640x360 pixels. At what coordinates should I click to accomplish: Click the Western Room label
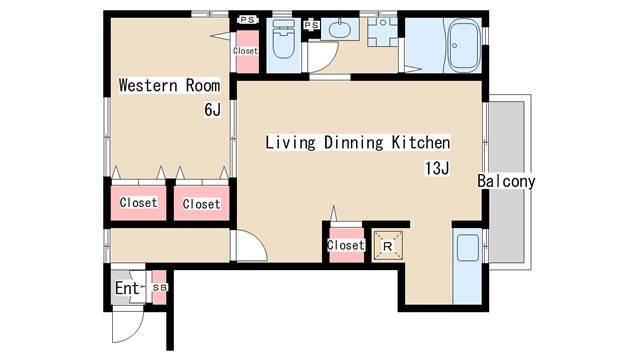[169, 86]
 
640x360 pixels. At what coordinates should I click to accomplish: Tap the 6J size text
[212, 110]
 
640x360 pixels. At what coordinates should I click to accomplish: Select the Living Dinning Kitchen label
[358, 142]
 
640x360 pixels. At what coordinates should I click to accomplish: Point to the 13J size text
[437, 168]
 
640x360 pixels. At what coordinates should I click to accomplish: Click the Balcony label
[506, 181]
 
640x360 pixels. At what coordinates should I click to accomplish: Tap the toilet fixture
[283, 39]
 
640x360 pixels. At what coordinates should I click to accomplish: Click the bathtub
[464, 46]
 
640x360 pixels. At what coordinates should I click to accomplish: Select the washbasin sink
[340, 29]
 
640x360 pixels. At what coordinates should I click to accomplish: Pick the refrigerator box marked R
[388, 246]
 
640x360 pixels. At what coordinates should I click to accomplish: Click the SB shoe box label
[160, 287]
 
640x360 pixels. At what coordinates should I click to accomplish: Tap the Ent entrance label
[127, 288]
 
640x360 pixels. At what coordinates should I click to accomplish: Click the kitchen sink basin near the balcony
[468, 248]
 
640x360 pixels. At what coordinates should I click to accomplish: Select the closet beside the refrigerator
[346, 245]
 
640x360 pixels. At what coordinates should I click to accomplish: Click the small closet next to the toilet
[246, 52]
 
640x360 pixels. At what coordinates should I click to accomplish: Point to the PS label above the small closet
[247, 20]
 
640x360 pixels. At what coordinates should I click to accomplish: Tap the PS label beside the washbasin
[311, 25]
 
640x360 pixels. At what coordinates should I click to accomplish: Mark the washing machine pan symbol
[382, 32]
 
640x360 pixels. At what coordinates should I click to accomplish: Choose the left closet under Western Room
[138, 203]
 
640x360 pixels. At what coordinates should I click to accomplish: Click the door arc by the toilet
[331, 61]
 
